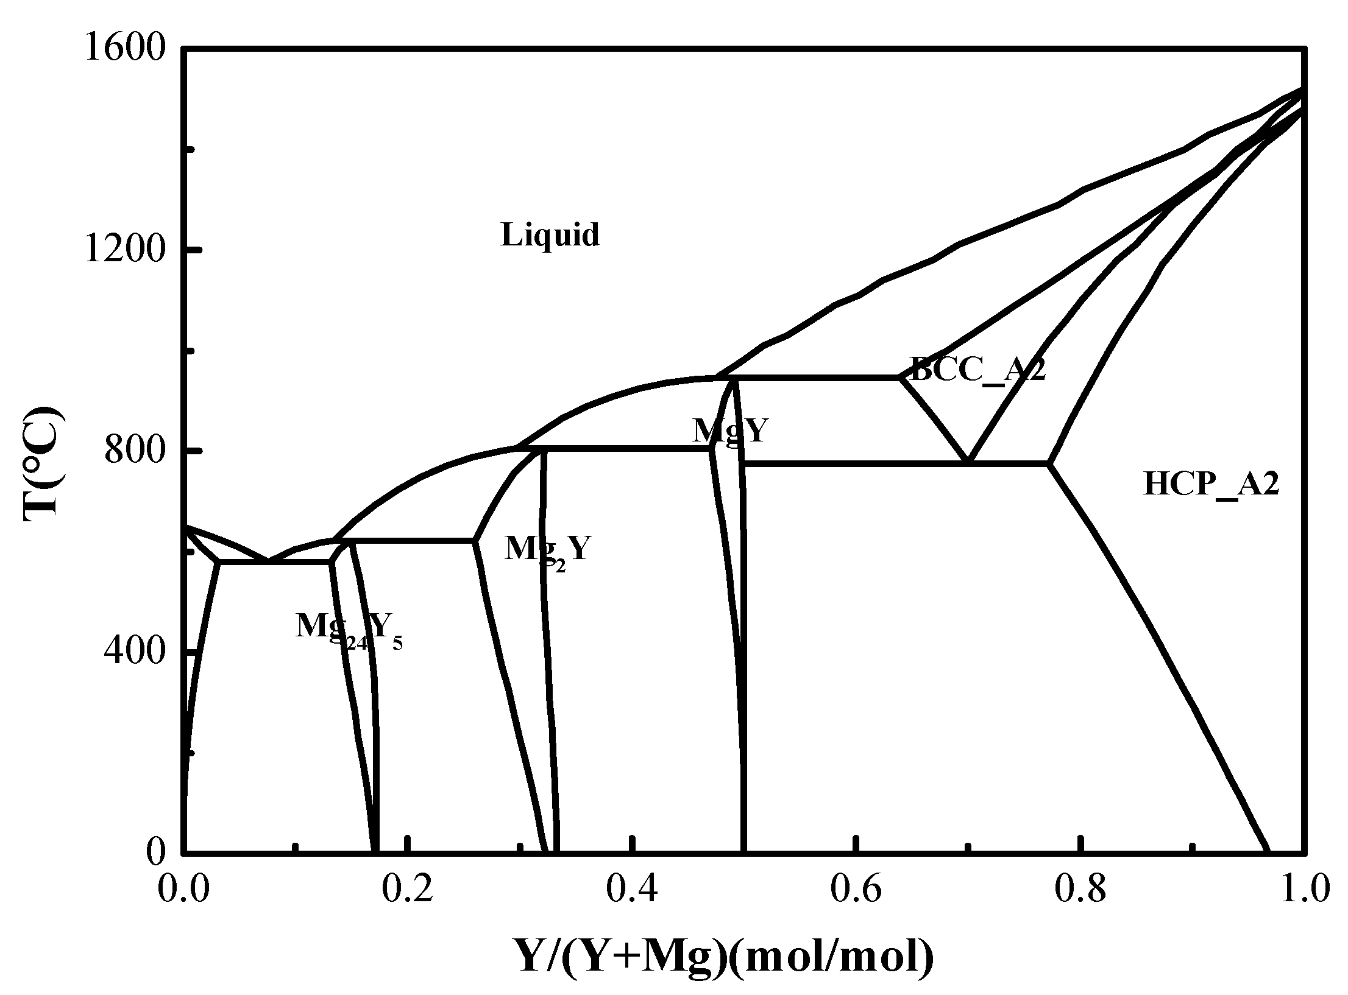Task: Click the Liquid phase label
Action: click(550, 235)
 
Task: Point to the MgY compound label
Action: click(729, 431)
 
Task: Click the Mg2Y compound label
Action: click(547, 550)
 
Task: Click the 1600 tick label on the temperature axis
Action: click(126, 49)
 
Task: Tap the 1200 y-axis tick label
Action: click(126, 250)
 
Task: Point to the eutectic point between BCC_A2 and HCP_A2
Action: click(968, 462)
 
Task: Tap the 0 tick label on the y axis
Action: click(156, 852)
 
